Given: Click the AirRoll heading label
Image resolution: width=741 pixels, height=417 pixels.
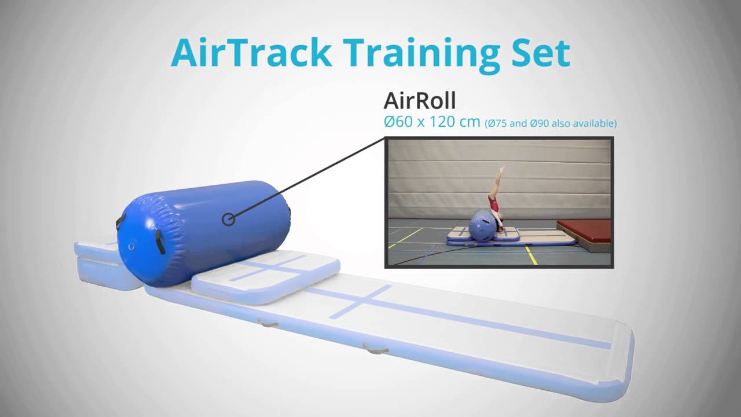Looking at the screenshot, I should [x=419, y=101].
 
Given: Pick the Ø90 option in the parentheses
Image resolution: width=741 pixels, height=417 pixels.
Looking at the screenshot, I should [x=540, y=123].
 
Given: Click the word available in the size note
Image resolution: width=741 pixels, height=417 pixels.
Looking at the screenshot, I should [x=596, y=123].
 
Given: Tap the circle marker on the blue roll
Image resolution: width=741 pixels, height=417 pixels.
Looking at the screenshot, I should [x=229, y=219].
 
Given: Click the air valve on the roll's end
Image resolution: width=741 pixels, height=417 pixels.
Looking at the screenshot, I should [x=131, y=247].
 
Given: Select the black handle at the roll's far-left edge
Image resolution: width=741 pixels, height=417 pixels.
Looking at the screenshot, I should [x=120, y=222].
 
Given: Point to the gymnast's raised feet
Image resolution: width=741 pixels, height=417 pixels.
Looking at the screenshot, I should [x=501, y=170].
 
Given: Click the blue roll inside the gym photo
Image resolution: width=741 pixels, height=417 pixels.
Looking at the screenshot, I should [x=480, y=225].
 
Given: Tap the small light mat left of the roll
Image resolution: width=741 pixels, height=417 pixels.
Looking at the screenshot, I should [x=98, y=264].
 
